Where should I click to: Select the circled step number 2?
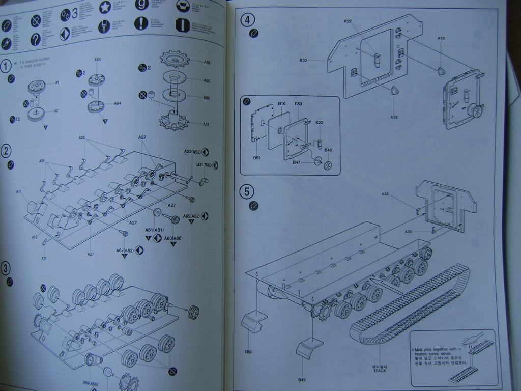point(6,151)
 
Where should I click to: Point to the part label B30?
point(303,60)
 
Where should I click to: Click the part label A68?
point(207,63)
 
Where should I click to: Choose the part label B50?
point(249,352)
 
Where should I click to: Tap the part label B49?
point(302,380)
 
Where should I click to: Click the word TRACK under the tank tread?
point(380,371)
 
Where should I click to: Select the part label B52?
point(257,158)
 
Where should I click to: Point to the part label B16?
point(282,104)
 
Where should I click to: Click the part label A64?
point(118,103)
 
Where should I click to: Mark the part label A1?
point(57,82)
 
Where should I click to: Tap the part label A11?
point(19,192)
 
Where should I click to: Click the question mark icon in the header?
point(35,39)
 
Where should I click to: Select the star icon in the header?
point(105,7)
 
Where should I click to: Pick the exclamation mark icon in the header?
point(140,23)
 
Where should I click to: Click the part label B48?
point(328,150)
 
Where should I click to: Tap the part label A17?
point(44,259)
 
